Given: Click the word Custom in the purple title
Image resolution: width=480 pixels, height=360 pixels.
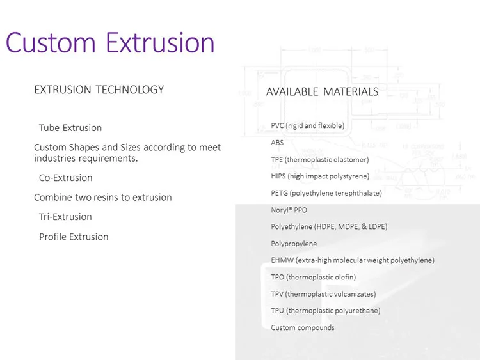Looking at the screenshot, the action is click(x=51, y=42).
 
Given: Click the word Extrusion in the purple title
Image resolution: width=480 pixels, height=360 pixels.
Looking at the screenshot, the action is click(x=160, y=42).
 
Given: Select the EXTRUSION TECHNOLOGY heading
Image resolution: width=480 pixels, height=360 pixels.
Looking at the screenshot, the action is click(x=99, y=90).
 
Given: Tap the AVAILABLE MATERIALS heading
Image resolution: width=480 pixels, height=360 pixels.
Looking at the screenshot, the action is click(x=322, y=92).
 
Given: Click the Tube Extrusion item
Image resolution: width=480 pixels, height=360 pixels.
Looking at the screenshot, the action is click(x=70, y=128).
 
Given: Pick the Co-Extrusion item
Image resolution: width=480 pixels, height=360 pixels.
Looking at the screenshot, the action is click(x=66, y=178).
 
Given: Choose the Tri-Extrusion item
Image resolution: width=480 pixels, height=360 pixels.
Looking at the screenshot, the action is click(x=65, y=217).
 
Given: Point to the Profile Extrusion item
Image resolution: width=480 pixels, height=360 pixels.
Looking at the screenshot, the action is click(x=74, y=237).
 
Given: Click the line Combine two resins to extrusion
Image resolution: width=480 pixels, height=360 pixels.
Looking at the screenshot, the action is click(x=103, y=198).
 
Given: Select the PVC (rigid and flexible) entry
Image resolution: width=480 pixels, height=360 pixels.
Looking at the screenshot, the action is click(x=308, y=126).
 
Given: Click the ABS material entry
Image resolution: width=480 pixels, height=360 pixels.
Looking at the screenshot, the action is click(x=277, y=143).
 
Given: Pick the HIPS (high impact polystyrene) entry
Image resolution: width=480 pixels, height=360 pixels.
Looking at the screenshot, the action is click(x=320, y=176).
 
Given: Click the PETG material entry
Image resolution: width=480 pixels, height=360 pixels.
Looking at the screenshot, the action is click(x=326, y=193).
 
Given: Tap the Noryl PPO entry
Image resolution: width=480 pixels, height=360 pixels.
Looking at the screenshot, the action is click(x=289, y=210).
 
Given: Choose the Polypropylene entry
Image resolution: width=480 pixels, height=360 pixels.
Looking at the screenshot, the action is click(x=294, y=244).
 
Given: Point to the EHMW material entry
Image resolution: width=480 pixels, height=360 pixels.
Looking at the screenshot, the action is click(x=353, y=260).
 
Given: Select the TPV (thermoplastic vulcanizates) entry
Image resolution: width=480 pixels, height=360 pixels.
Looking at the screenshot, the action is click(x=324, y=294).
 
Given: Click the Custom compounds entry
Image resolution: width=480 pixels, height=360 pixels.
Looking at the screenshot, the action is click(x=303, y=328).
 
